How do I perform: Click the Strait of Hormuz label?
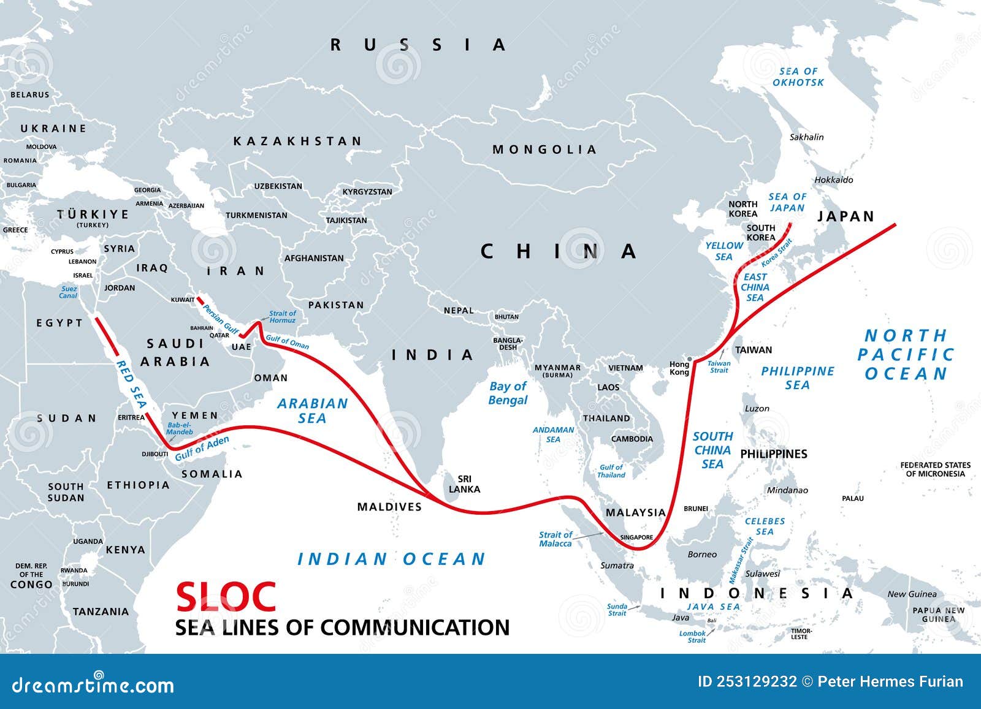[283, 317]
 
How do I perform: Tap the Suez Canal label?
[69, 292]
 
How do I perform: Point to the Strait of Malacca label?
[555, 539]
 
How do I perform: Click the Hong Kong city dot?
[690, 359]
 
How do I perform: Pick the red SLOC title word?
[226, 596]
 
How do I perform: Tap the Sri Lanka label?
[464, 484]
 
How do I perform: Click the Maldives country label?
[389, 507]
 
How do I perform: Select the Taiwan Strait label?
[719, 366]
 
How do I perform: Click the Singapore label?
[636, 537]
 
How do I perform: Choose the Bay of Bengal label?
[508, 393]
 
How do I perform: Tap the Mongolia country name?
[544, 150]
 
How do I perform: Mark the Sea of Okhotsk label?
[798, 77]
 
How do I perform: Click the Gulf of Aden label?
[202, 449]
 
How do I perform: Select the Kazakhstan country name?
[298, 141]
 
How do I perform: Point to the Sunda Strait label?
[617, 609]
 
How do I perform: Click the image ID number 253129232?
[747, 681]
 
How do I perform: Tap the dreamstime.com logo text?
[93, 684]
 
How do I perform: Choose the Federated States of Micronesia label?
[935, 469]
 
